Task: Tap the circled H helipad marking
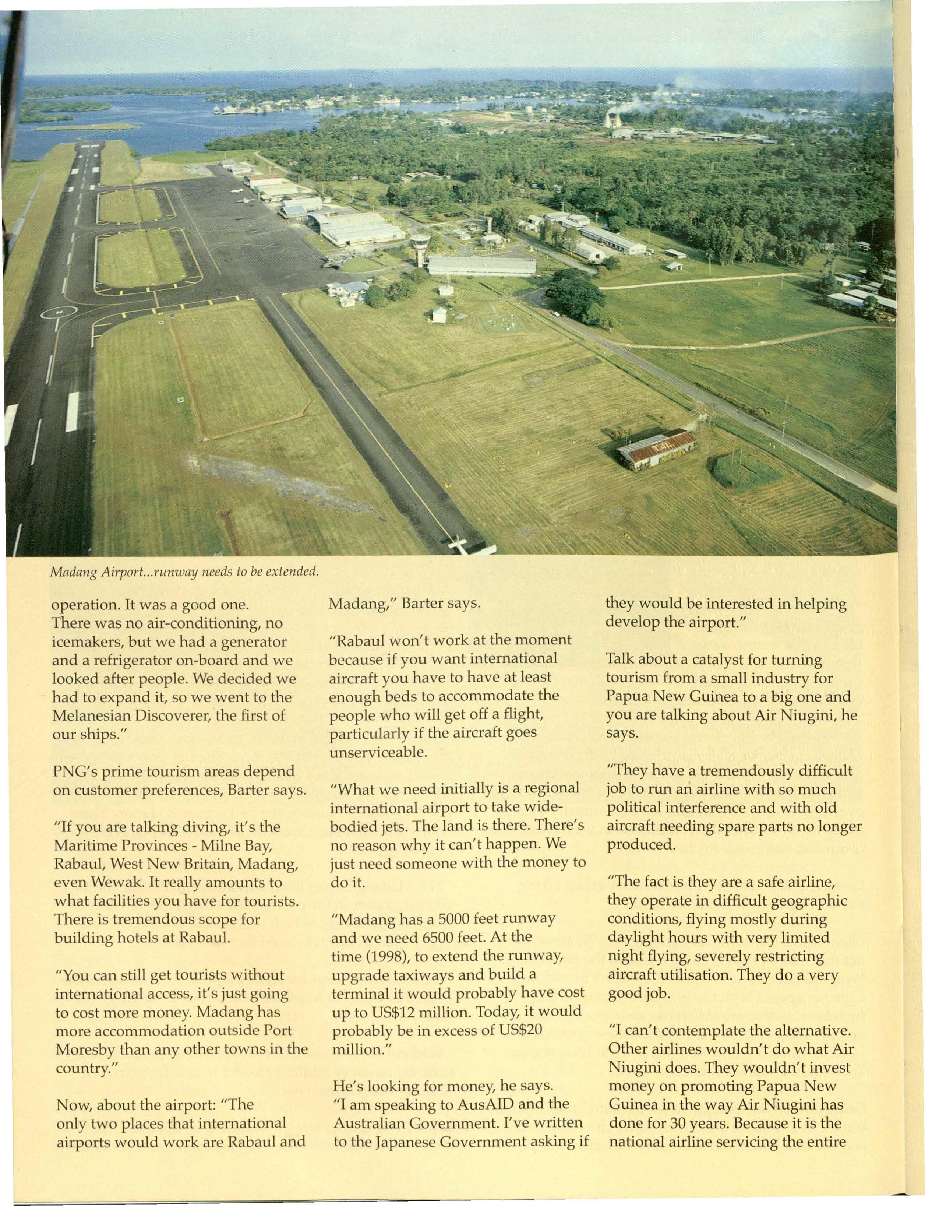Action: (59, 312)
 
